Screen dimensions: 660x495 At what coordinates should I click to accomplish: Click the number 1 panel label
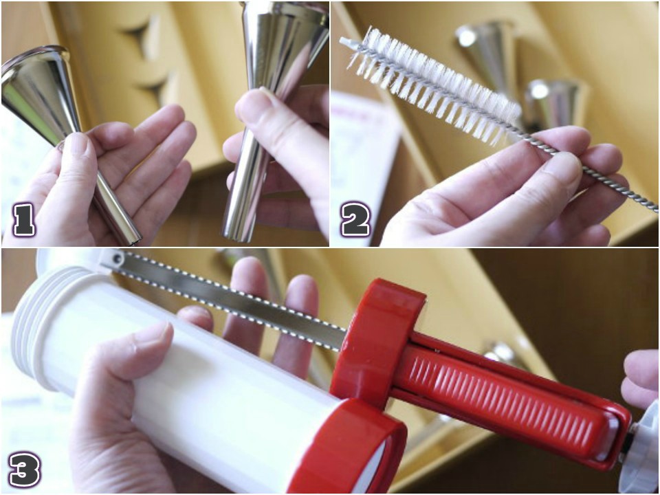click(25, 219)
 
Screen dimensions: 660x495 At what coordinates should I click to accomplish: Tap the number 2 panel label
click(355, 219)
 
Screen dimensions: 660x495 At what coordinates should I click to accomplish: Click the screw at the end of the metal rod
click(118, 257)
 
